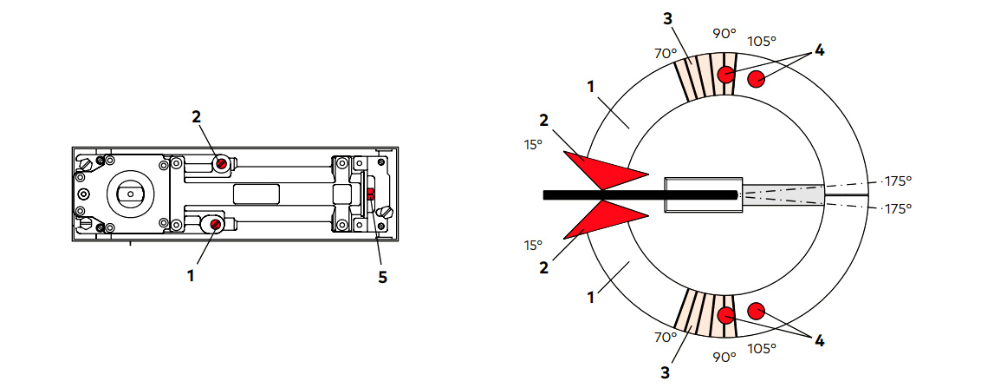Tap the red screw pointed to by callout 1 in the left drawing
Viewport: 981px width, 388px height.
click(x=215, y=225)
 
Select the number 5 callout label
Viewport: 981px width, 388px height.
click(x=382, y=277)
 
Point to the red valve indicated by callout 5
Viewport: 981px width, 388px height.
click(x=370, y=194)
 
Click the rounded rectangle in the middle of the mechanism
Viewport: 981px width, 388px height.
click(x=257, y=194)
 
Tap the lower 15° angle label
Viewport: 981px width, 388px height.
click(x=533, y=245)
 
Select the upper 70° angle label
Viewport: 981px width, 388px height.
click(x=666, y=53)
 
